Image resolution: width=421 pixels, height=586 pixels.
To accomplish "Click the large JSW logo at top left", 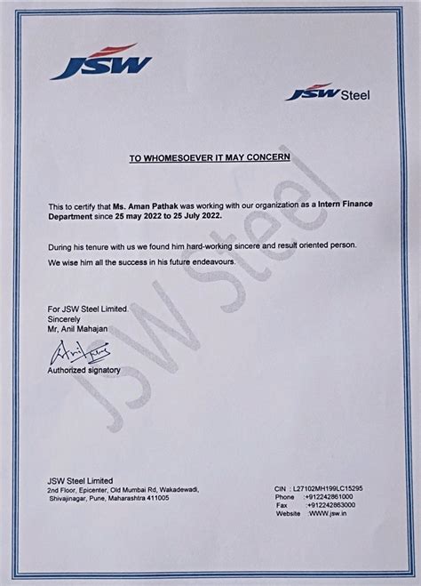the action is click(100, 63).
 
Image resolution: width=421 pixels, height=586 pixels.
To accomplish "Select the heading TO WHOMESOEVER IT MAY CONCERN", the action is click(210, 157).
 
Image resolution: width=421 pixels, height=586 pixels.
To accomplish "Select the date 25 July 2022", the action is click(199, 215).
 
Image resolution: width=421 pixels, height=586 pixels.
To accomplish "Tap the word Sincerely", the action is click(66, 317).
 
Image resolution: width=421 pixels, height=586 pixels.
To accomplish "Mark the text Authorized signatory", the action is click(84, 369).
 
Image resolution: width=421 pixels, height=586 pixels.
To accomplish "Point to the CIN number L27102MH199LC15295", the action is click(344, 489).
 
